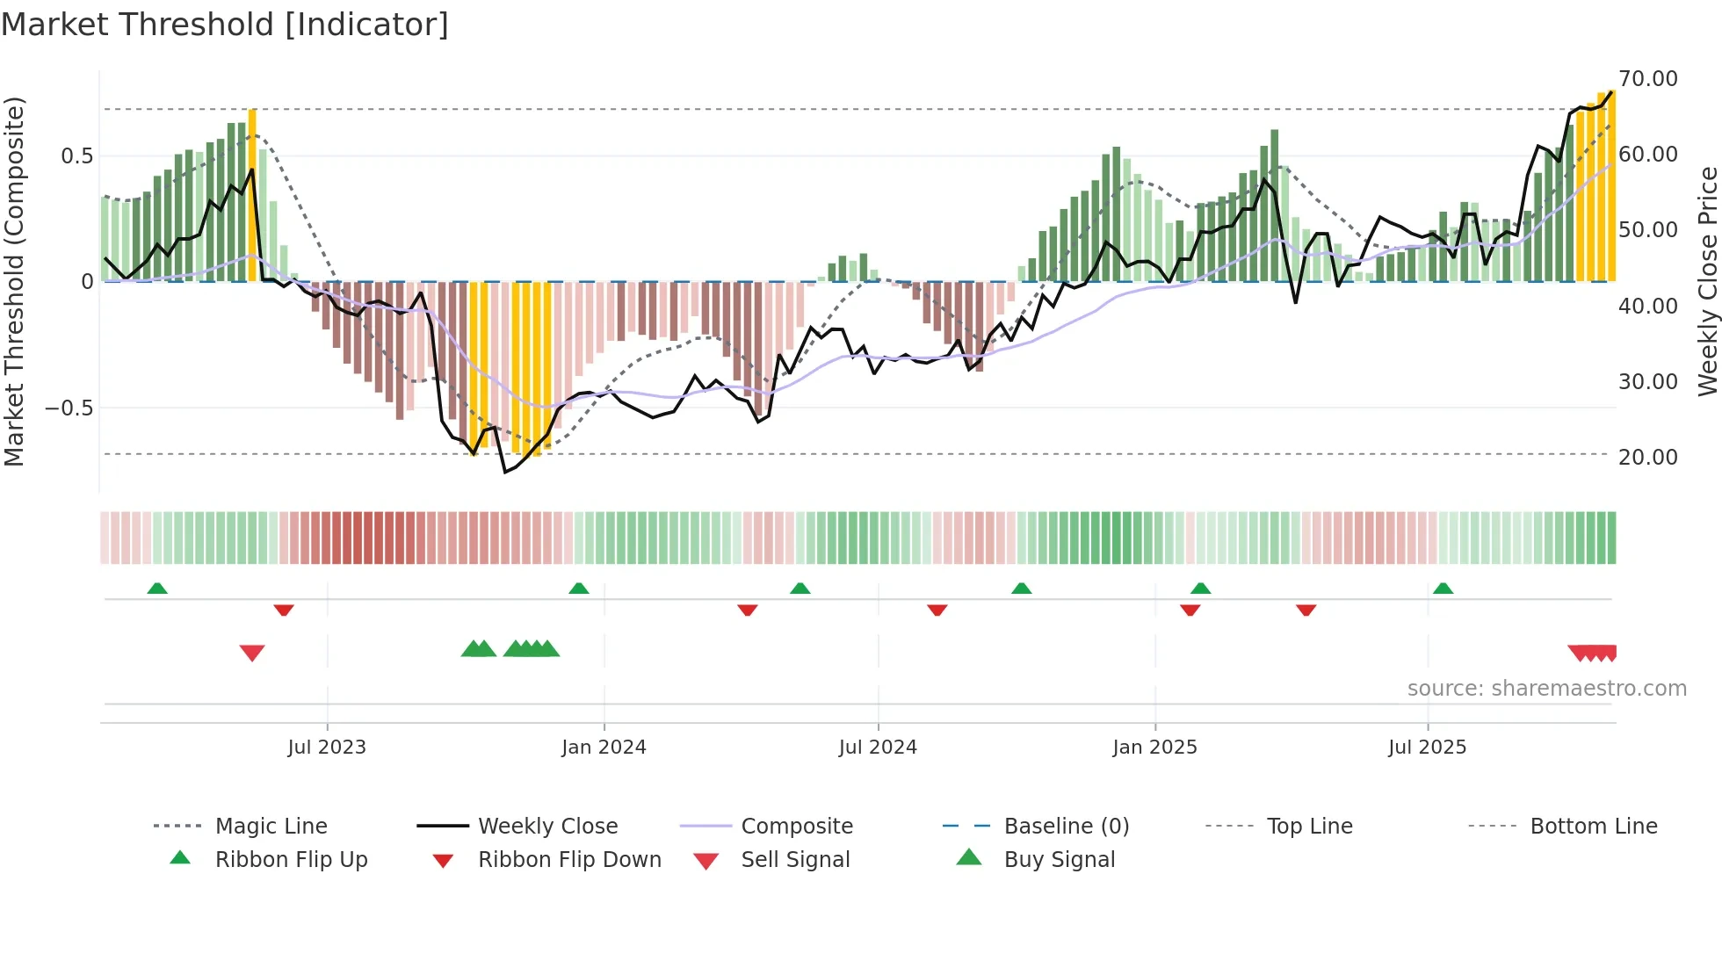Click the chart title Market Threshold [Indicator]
(225, 25)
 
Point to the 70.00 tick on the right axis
(1647, 79)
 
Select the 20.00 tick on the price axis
(1647, 458)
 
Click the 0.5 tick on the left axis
(76, 156)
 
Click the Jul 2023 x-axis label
(327, 748)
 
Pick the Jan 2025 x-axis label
(1154, 748)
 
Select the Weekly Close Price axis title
(1707, 281)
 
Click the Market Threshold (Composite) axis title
(14, 281)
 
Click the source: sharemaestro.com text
(1546, 689)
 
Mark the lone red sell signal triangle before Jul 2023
(252, 653)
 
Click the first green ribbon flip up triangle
(157, 589)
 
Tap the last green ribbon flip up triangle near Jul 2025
(1443, 589)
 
